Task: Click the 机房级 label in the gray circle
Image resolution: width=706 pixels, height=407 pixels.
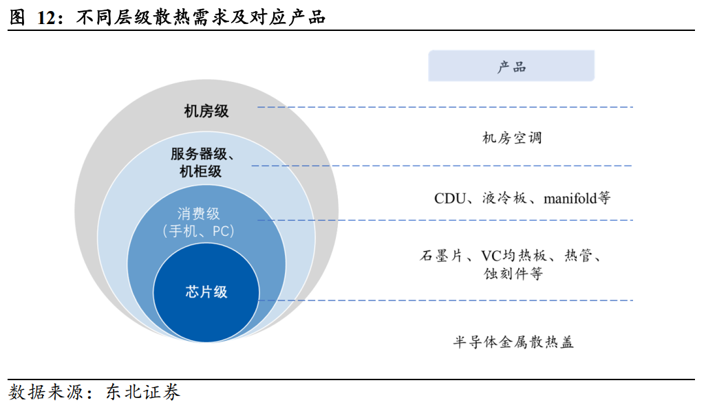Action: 206,111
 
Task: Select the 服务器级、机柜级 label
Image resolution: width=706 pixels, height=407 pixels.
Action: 202,162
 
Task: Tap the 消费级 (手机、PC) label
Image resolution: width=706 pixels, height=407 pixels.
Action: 199,222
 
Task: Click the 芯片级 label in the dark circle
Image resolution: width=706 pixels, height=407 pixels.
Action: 206,292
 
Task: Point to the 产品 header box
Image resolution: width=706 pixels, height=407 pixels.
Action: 511,66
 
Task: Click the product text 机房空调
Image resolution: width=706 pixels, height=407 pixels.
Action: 512,137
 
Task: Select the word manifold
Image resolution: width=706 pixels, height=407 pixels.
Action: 570,198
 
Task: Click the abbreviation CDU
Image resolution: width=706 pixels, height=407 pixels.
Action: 450,198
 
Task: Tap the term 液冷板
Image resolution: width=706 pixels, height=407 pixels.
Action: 504,198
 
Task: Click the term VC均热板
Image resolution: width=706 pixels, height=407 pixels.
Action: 514,256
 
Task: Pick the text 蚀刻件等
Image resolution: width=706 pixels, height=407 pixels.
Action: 513,274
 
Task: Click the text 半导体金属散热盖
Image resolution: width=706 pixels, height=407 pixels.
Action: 513,342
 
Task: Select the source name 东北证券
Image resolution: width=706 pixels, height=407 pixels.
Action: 143,392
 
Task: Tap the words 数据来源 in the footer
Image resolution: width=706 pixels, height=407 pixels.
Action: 45,392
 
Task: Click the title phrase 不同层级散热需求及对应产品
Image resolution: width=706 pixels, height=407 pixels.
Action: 201,18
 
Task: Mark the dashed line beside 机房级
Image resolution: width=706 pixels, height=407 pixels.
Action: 445,107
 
